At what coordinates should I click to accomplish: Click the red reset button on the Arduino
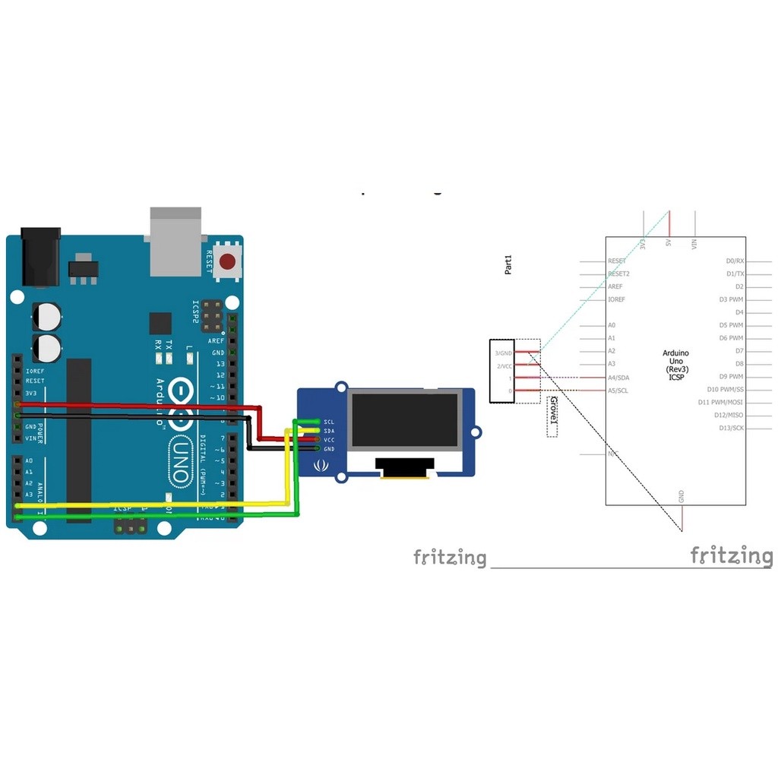(x=226, y=262)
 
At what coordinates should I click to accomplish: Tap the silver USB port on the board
(x=176, y=241)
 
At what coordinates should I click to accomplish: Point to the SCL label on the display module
(x=329, y=422)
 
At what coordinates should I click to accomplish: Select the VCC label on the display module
(x=329, y=440)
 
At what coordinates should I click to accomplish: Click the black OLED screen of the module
(x=405, y=422)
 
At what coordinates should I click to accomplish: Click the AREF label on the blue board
(x=217, y=342)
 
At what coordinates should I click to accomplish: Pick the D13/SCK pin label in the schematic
(x=731, y=429)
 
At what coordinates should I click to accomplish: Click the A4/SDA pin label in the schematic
(x=618, y=378)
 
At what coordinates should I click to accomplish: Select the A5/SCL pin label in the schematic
(x=618, y=391)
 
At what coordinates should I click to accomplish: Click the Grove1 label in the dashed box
(x=552, y=416)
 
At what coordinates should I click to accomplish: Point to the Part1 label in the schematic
(x=509, y=265)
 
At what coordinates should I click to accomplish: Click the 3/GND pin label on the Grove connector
(x=504, y=353)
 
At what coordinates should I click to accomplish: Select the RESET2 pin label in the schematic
(x=618, y=274)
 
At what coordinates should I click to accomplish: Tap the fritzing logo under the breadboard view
(x=449, y=558)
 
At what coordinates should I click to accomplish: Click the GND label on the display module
(x=329, y=449)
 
